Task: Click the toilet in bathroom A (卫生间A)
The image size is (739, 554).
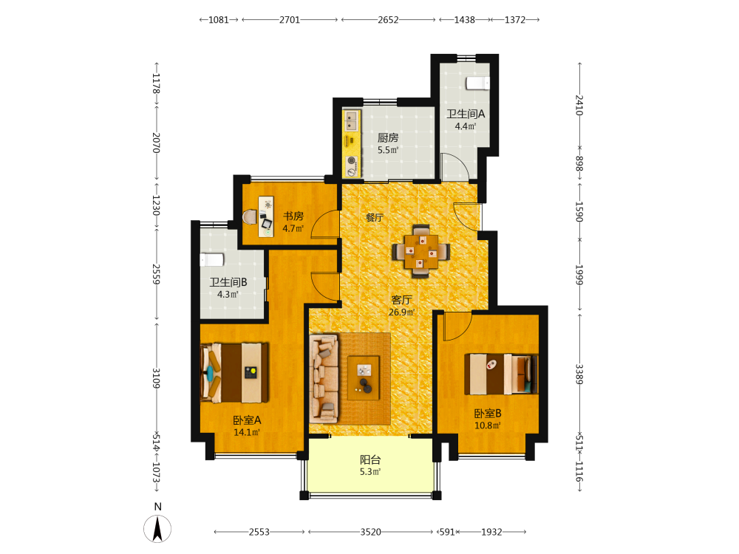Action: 477,83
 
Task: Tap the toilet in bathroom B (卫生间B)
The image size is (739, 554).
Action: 211,260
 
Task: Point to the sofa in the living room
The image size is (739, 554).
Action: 324,378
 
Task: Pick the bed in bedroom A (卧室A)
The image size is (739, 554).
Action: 234,372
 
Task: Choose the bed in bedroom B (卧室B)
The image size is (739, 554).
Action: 501,374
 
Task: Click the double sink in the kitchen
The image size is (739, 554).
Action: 350,120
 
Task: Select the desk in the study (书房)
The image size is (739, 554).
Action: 266,216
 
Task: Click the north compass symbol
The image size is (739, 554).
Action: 157,528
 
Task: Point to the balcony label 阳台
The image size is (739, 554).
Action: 370,459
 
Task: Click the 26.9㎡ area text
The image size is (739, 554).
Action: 401,312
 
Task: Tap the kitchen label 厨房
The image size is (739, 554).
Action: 388,137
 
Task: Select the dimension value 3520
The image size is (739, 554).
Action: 370,532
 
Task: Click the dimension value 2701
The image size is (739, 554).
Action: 290,20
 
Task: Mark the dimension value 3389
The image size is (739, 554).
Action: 579,374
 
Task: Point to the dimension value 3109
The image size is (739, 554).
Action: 157,378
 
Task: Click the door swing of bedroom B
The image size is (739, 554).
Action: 457,326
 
